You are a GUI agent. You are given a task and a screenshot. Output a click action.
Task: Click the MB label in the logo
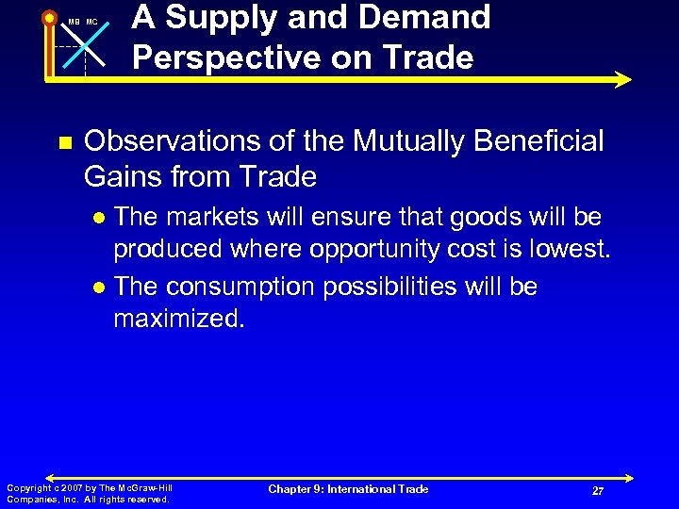[x=75, y=22]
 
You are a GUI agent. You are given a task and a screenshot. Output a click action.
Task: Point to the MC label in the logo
[x=91, y=22]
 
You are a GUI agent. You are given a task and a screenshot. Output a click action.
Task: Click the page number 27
[x=598, y=491]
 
